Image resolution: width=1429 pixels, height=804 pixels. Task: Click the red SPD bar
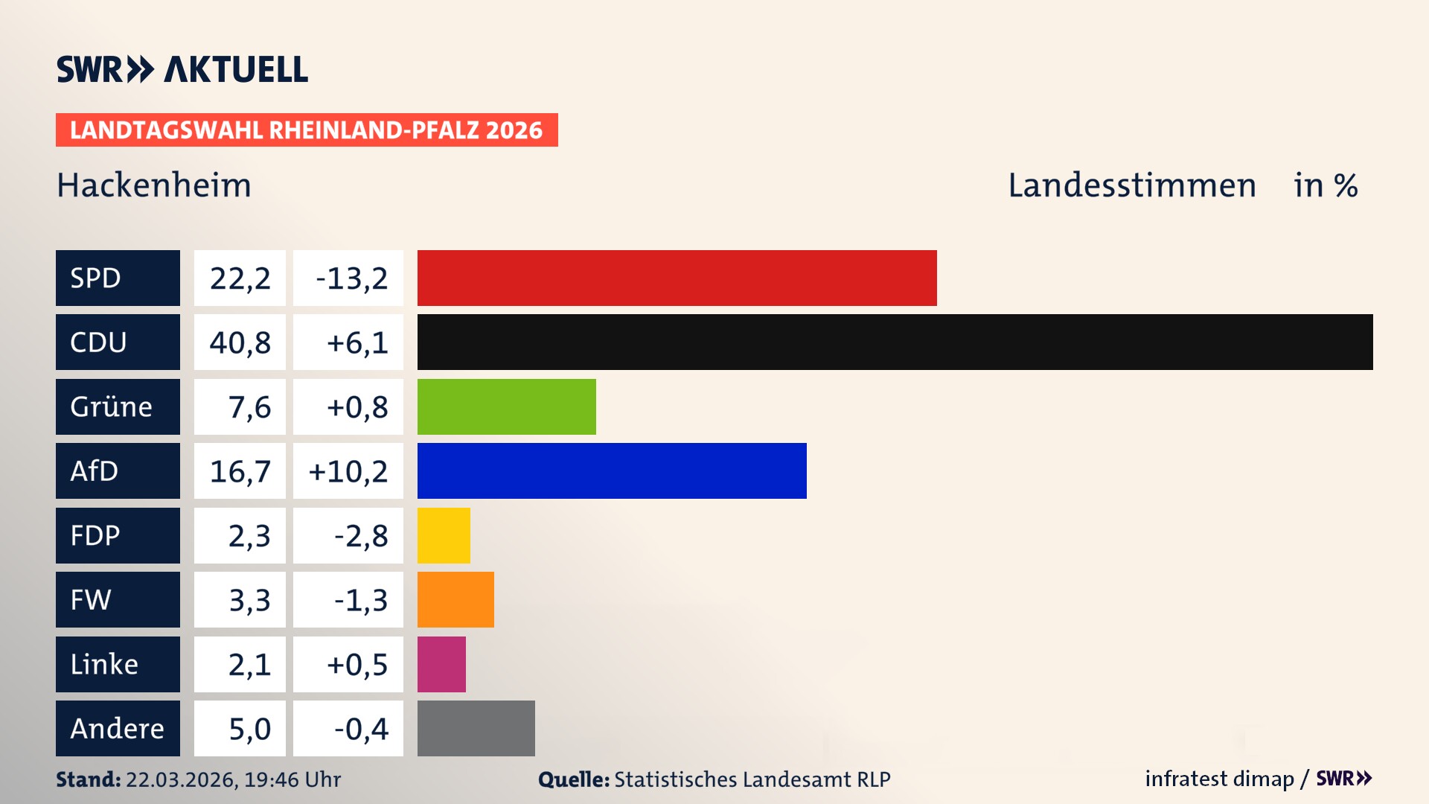pos(677,278)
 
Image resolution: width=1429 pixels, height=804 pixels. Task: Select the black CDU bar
pos(895,342)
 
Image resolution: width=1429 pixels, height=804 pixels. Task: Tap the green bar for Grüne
pos(506,406)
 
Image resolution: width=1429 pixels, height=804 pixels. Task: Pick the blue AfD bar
pos(612,470)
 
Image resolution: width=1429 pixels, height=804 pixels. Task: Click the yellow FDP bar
pos(444,535)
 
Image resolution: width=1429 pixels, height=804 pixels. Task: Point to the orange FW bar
pos(455,599)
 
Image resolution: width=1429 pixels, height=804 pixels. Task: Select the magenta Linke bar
pos(441,664)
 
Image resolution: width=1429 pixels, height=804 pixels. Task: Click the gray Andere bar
pos(476,728)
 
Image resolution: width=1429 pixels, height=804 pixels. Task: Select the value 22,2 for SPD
pos(240,278)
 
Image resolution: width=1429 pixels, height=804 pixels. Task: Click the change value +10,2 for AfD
pos(348,471)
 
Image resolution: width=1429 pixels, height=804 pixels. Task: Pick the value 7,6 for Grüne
pos(249,407)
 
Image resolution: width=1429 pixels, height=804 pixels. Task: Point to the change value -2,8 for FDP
pos(360,536)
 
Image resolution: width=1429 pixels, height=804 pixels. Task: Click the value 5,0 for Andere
pos(249,729)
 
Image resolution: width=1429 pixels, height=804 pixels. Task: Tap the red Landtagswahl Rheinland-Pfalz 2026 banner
pos(307,130)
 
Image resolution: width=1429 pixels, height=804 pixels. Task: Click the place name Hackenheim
pos(154,185)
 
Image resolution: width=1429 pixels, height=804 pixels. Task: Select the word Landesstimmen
pos(1131,185)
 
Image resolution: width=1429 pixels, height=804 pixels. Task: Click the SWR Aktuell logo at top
pos(182,69)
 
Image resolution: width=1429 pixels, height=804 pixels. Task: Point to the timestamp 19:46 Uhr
pos(292,779)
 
